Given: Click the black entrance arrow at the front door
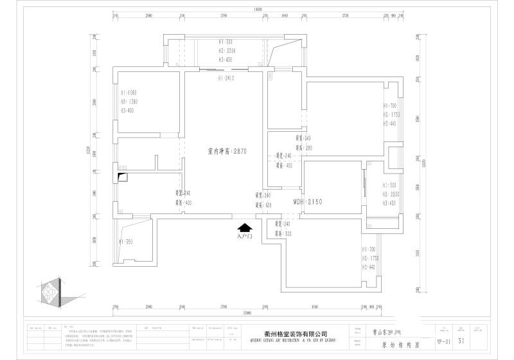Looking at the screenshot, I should click(x=244, y=228).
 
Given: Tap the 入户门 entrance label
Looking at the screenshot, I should click(x=244, y=237).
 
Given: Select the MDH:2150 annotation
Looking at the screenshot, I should click(x=307, y=202).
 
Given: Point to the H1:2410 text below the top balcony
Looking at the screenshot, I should click(x=226, y=78).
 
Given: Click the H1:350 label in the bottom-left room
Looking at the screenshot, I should click(x=125, y=242).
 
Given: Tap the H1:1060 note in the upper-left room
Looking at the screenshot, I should click(x=128, y=93).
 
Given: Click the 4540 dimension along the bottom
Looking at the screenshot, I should click(x=315, y=307).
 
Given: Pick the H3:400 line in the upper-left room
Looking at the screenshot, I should click(x=127, y=111).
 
